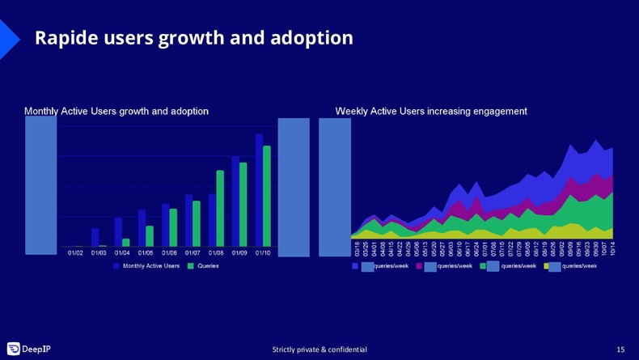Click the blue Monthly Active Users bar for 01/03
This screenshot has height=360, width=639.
coord(95,237)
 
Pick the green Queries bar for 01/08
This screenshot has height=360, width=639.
coord(220,208)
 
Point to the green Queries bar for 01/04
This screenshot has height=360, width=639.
coord(126,242)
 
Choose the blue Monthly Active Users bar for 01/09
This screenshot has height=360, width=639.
coord(235,201)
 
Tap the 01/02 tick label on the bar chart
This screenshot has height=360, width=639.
coord(75,253)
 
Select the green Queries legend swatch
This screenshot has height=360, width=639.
coord(191,266)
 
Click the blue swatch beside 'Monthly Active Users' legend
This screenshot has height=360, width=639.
coord(116,266)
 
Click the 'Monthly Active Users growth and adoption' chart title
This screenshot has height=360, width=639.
coord(116,112)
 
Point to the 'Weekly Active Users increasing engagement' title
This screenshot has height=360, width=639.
coord(431,112)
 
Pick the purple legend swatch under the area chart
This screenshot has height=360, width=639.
coord(419,266)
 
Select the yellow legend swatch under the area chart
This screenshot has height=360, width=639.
coord(547,266)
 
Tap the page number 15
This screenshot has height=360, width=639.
coord(620,349)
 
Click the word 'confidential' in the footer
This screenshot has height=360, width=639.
coord(347,349)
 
